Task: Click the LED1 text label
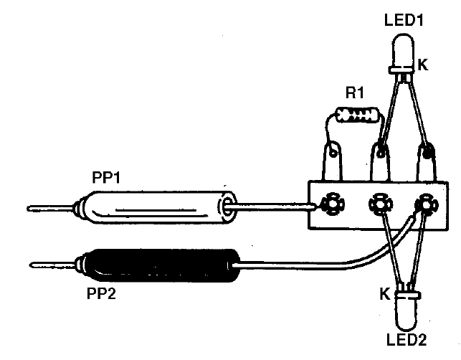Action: pos(404,20)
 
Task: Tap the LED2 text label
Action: pos(407,340)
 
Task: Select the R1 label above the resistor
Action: pos(355,93)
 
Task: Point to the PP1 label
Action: pos(106,177)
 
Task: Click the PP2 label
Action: pos(101,293)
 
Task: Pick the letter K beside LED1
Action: pos(423,65)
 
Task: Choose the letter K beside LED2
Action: pos(385,294)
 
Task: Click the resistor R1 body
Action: pos(357,115)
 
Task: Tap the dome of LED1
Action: pos(402,51)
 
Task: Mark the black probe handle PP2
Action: pos(158,265)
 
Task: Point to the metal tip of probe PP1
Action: pos(51,209)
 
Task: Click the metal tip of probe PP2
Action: pos(53,265)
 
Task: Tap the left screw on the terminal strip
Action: pos(332,204)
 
